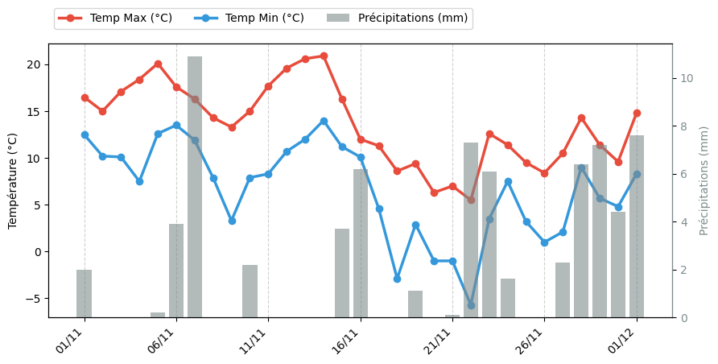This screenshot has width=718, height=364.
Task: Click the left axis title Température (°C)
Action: tap(13, 180)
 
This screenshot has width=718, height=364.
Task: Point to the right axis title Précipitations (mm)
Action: tap(704, 180)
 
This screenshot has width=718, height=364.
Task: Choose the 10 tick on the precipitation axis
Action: tap(686, 78)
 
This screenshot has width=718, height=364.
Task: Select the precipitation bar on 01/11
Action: tap(85, 294)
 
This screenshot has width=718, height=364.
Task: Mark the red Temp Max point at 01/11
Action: tap(85, 97)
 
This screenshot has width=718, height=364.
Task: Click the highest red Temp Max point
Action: tap(324, 56)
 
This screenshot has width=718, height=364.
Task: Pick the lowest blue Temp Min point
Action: tap(471, 305)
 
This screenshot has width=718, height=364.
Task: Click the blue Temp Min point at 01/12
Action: tap(637, 174)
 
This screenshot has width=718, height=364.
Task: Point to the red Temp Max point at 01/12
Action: tap(637, 114)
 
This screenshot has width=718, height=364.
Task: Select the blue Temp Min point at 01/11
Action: tap(85, 134)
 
